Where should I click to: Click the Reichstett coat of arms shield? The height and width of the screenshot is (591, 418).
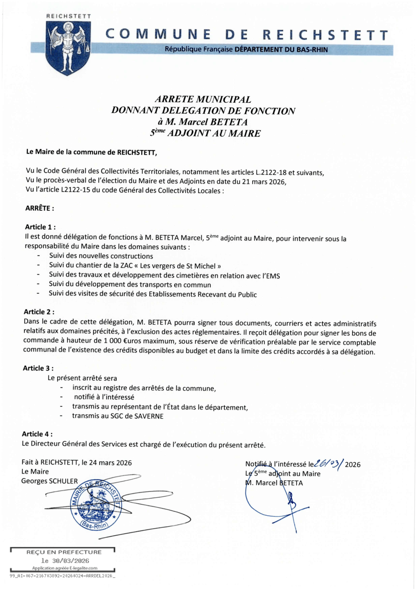pyautogui.click(x=68, y=47)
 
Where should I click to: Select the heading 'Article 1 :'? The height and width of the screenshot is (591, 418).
pyautogui.click(x=40, y=227)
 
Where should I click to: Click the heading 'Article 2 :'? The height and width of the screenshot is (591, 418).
pyautogui.click(x=39, y=312)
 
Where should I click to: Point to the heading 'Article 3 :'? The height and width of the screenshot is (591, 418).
pyautogui.click(x=38, y=368)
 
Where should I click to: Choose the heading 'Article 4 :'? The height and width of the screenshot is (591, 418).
pyautogui.click(x=37, y=434)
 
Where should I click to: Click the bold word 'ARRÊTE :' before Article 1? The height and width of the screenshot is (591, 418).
pyautogui.click(x=40, y=208)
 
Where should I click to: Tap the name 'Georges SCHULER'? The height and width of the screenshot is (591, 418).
pyautogui.click(x=49, y=481)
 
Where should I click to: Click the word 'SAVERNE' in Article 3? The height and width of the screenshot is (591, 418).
pyautogui.click(x=149, y=416)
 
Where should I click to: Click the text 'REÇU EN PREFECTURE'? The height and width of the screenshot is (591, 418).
pyautogui.click(x=64, y=552)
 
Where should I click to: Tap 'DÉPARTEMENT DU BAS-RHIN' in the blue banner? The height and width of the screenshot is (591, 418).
pyautogui.click(x=281, y=50)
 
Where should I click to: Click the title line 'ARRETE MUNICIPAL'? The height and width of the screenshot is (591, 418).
pyautogui.click(x=203, y=99)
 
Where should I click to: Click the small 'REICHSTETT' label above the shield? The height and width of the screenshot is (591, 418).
pyautogui.click(x=69, y=16)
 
